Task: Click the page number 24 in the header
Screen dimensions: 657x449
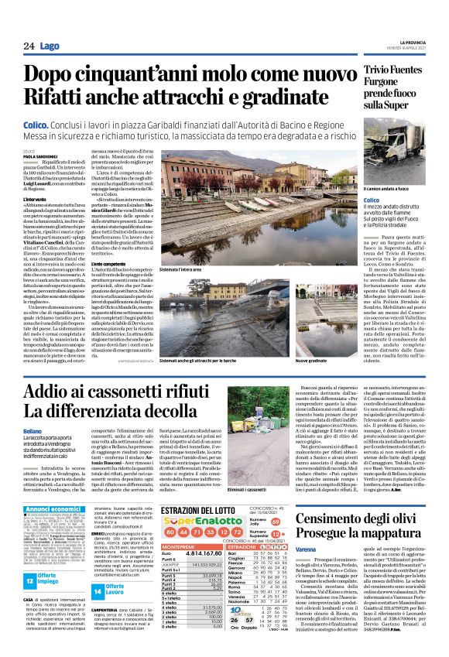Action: [29, 47]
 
